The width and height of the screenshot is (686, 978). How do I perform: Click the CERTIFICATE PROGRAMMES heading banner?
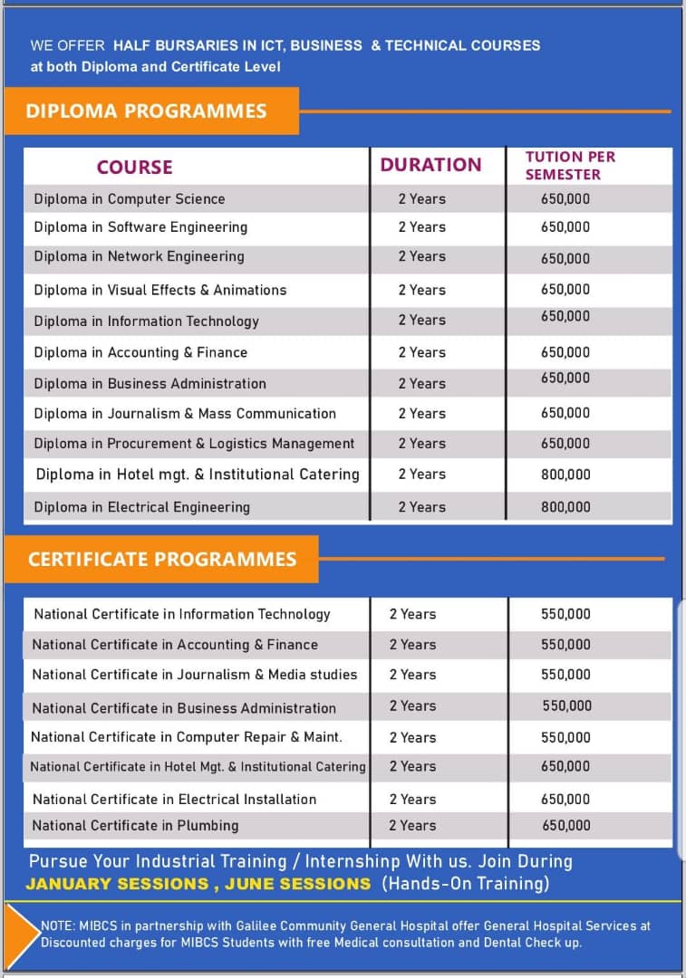[x=162, y=559]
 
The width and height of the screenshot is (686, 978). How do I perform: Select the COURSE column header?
[x=134, y=167]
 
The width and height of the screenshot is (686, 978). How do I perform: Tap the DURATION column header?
[x=430, y=165]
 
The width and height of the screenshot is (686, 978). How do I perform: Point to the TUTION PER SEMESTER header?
[x=569, y=165]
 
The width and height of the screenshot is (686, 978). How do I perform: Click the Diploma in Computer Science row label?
[x=130, y=199]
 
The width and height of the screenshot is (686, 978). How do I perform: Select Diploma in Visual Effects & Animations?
[x=160, y=290]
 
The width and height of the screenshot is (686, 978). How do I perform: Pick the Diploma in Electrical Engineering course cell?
[x=142, y=507]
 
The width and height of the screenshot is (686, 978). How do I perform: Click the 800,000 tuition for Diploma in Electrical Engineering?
[x=565, y=507]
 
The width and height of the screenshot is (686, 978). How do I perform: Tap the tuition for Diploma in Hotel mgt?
[x=565, y=475]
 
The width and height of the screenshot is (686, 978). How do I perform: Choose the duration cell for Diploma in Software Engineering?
[x=422, y=227]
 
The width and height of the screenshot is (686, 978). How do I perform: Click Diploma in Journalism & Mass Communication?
[x=185, y=414]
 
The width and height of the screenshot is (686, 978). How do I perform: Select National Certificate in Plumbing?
[x=135, y=826]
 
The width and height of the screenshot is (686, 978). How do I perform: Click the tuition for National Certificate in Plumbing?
[x=566, y=826]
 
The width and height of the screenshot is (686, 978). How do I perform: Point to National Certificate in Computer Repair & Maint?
[x=187, y=737]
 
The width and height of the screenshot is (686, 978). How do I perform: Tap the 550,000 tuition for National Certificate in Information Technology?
[x=565, y=614]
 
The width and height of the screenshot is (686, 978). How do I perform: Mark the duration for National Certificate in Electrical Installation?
[x=412, y=800]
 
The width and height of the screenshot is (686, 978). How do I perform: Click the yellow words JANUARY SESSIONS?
[x=116, y=884]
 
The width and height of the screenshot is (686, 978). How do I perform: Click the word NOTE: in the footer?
[x=61, y=926]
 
